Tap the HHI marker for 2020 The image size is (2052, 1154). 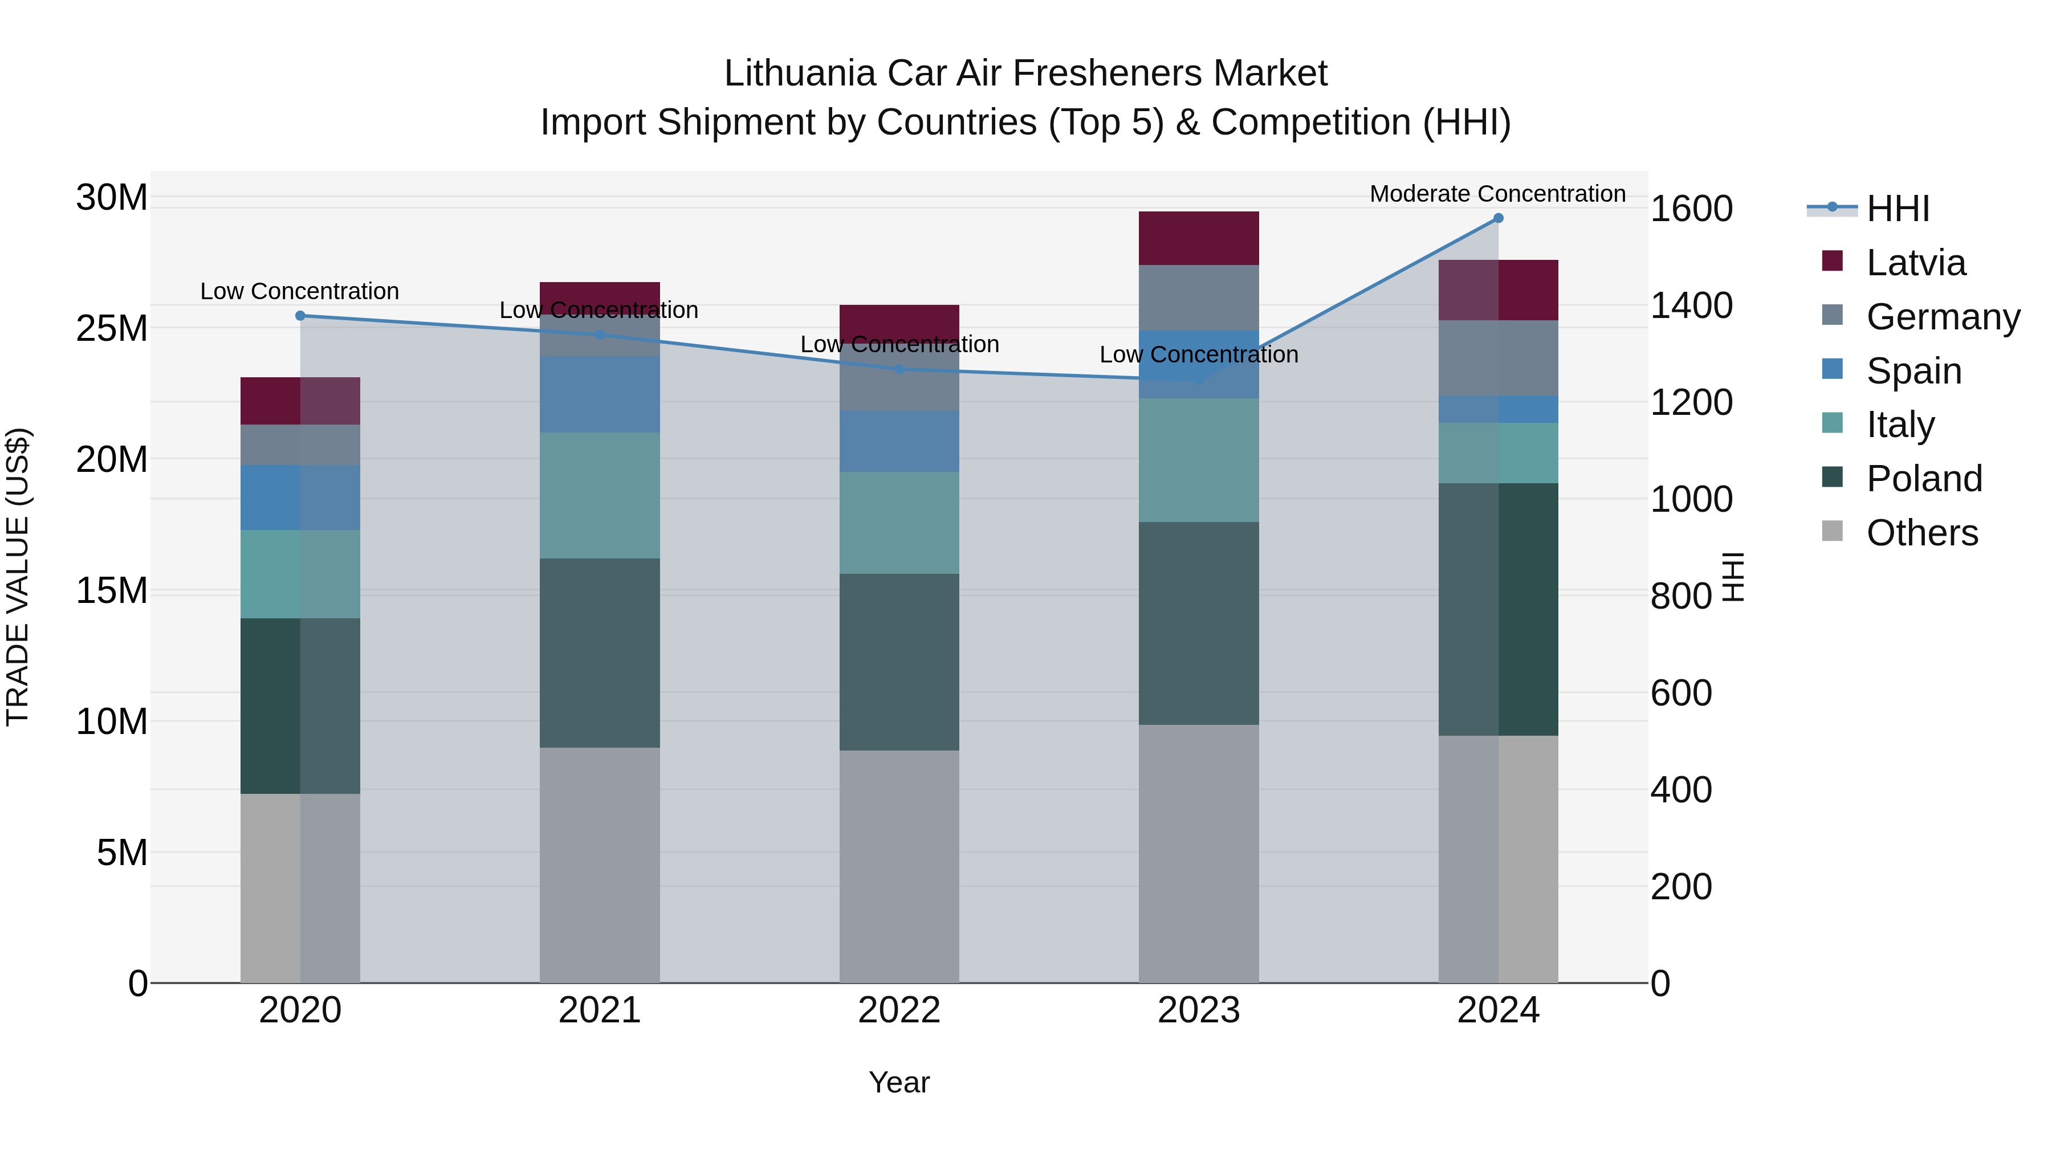pyautogui.click(x=300, y=315)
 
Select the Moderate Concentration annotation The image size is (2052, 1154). pyautogui.click(x=1497, y=194)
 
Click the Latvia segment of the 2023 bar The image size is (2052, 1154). pyautogui.click(x=1198, y=238)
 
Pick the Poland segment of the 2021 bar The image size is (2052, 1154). pyautogui.click(x=599, y=653)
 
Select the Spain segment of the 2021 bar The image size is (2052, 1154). pyautogui.click(x=599, y=394)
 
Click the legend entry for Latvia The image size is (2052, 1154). pyautogui.click(x=1915, y=263)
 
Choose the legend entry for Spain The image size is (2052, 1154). pyautogui.click(x=1913, y=371)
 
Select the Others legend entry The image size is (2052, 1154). pyautogui.click(x=1921, y=533)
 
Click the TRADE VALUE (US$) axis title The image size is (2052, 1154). pyautogui.click(x=18, y=577)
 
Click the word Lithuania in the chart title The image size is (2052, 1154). pyautogui.click(x=799, y=74)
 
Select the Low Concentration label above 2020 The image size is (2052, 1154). pyautogui.click(x=299, y=291)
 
